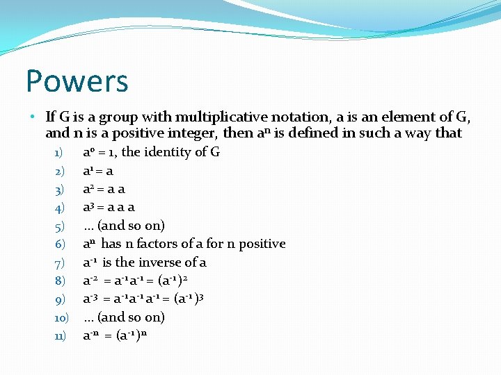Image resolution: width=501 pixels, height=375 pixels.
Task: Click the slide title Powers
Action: coord(77,81)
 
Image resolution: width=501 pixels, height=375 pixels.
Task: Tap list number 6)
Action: coord(59,244)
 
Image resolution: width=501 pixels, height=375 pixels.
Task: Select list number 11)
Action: coord(60,336)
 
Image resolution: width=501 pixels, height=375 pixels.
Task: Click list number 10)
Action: coord(60,318)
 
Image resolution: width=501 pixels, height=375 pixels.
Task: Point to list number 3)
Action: coord(59,189)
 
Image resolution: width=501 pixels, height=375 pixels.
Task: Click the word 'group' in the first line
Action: coord(122,116)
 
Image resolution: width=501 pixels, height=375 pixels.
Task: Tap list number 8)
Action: coord(59,281)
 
